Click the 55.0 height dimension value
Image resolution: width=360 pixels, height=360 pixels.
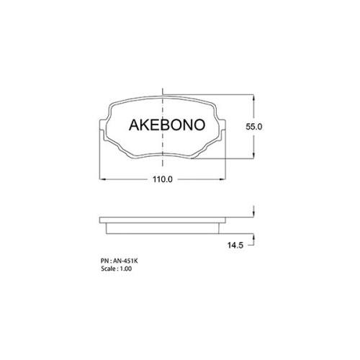click(x=253, y=127)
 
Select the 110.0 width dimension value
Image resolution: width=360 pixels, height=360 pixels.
click(x=163, y=179)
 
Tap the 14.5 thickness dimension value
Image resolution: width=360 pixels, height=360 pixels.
click(x=235, y=246)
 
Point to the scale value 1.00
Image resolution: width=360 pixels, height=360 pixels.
click(x=126, y=269)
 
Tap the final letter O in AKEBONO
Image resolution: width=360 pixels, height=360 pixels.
click(x=199, y=125)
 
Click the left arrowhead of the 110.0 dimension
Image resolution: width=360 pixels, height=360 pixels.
click(x=102, y=179)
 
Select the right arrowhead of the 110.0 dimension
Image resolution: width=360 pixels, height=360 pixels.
click(x=222, y=179)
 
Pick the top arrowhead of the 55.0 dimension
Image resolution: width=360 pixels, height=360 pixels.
click(x=253, y=98)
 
